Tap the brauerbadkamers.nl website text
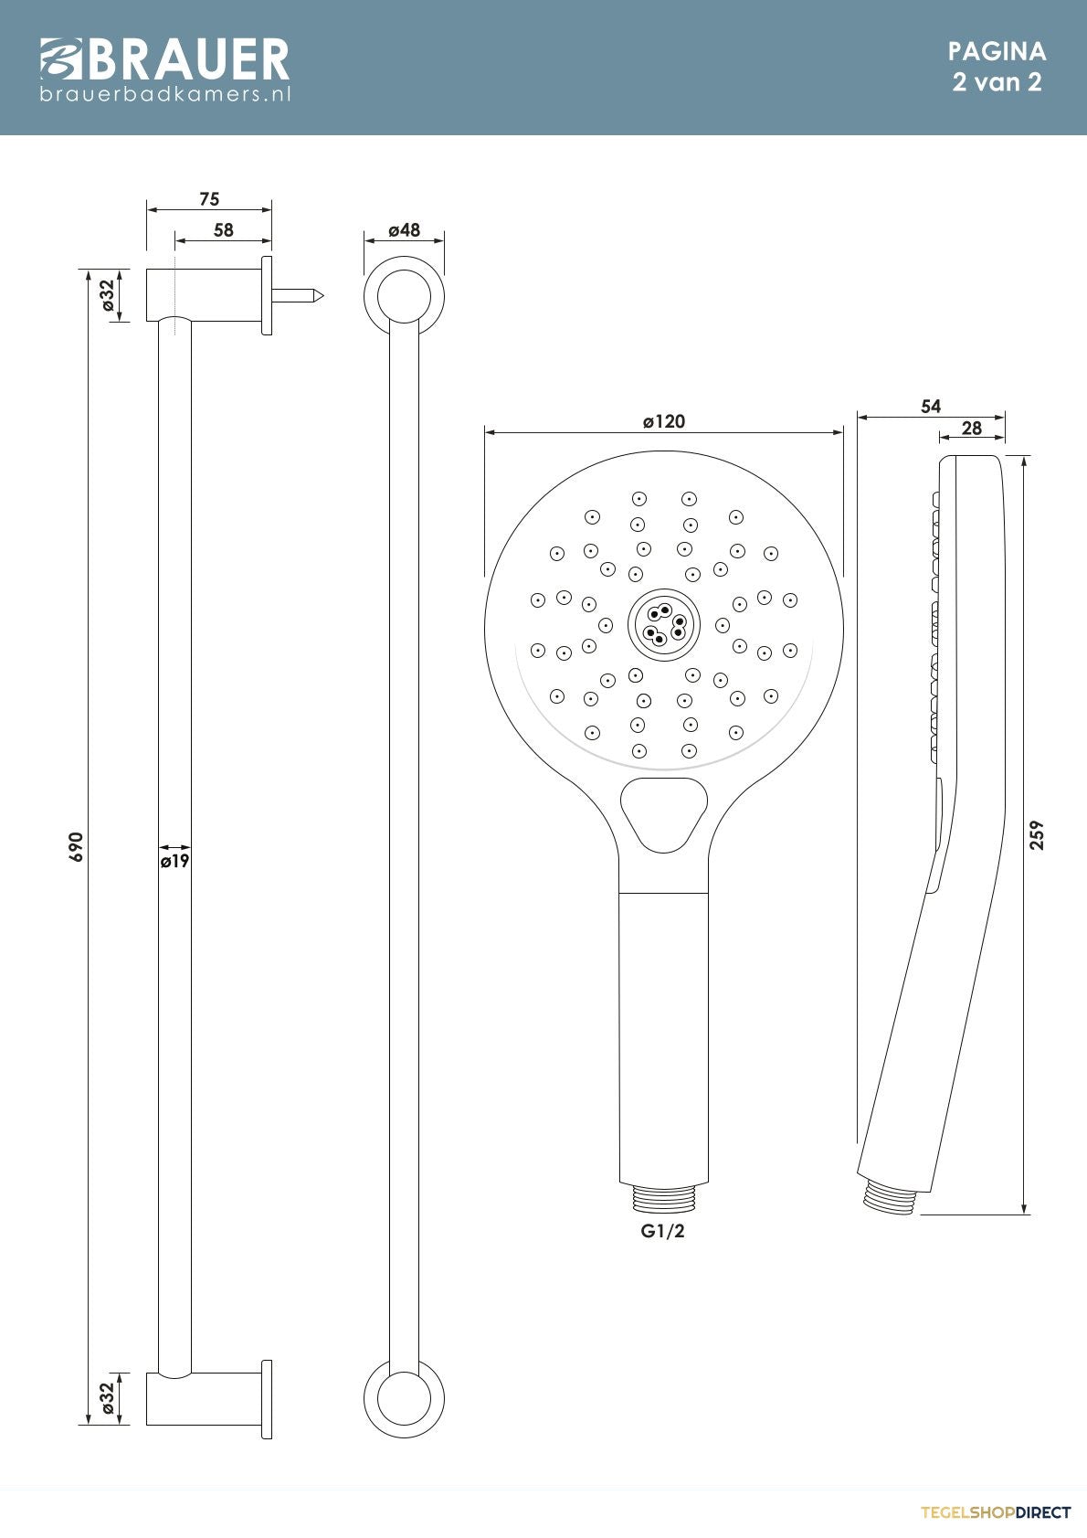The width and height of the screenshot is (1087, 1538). coord(164,93)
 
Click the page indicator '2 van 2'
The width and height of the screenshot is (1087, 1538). coord(997,82)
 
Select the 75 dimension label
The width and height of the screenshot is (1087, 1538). coord(209,199)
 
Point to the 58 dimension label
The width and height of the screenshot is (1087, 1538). coord(224,230)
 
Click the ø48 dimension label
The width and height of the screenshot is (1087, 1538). coord(404,230)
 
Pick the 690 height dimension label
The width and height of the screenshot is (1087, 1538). coord(76,846)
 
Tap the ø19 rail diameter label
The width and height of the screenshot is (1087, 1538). coord(175,861)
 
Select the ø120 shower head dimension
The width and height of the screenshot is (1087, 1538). coord(663,421)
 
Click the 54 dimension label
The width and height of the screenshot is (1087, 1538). coord(931,407)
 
